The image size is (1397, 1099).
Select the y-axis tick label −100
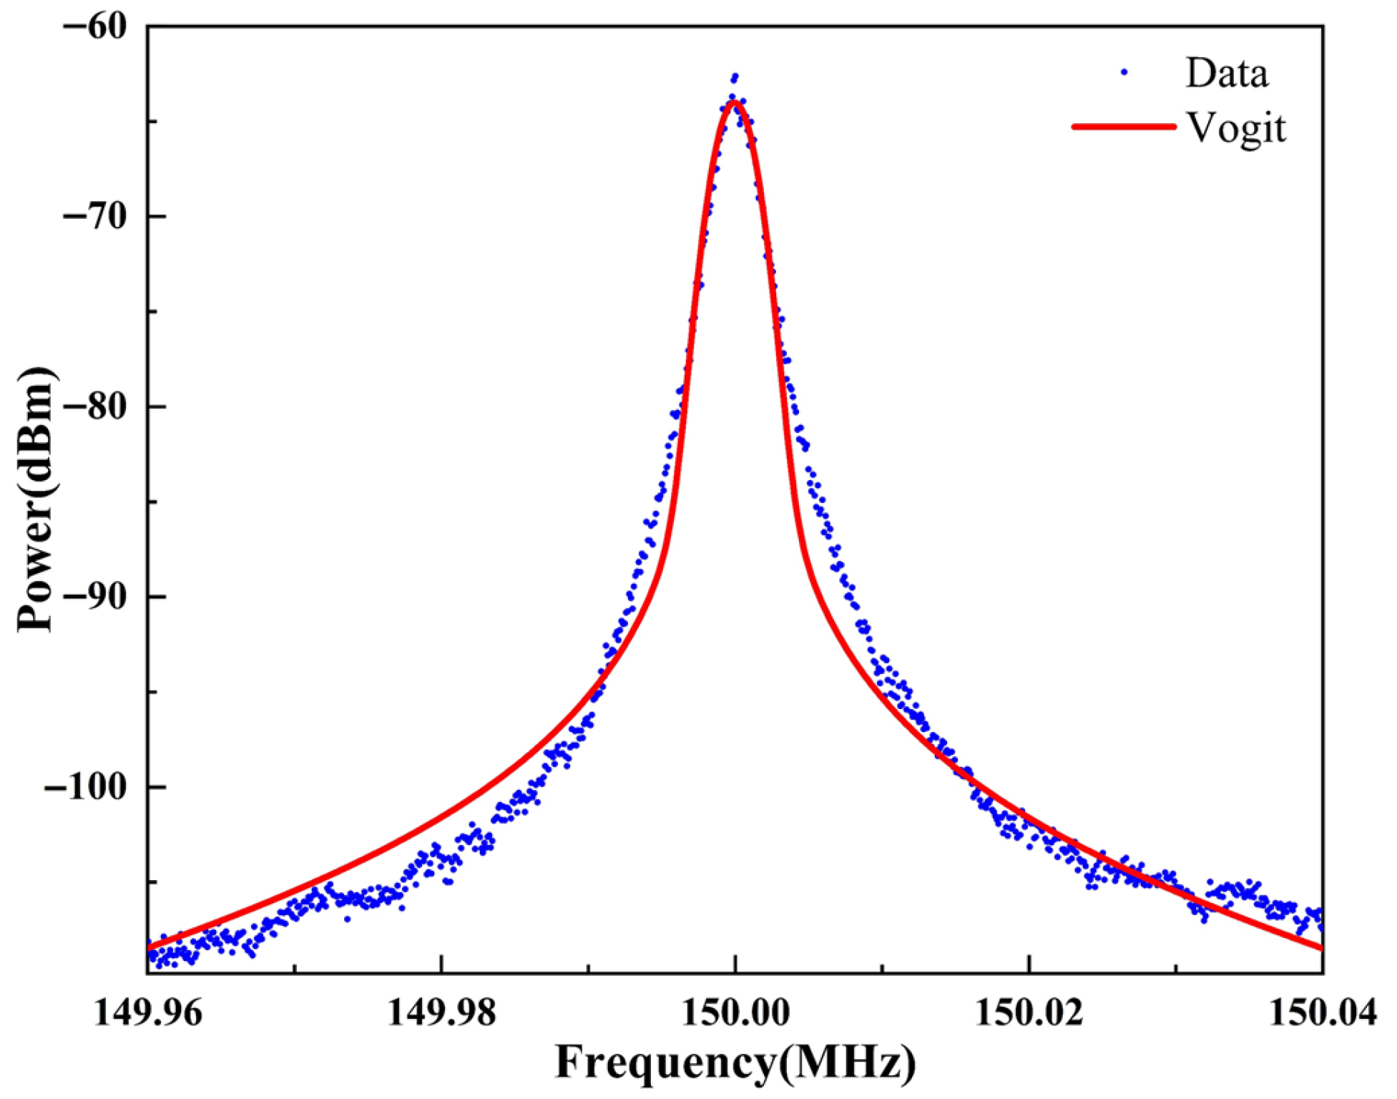86,786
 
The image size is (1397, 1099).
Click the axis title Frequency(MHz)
735,1063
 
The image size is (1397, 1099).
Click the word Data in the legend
1227,73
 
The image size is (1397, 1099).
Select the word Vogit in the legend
1236,129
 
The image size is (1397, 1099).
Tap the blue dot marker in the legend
1124,72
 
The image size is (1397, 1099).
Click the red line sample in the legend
1124,127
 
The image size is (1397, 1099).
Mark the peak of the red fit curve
735,102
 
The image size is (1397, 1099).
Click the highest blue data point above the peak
735,75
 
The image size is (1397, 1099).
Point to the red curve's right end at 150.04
1320,948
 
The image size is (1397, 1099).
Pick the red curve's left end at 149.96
149,947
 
